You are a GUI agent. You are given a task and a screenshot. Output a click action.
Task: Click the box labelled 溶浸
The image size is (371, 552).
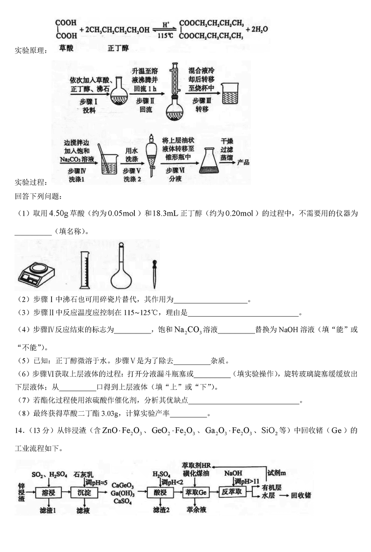[x=49, y=492]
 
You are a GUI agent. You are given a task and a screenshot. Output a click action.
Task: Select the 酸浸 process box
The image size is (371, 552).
[x=160, y=492]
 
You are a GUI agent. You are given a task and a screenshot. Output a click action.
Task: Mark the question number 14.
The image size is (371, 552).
[x=20, y=430]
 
